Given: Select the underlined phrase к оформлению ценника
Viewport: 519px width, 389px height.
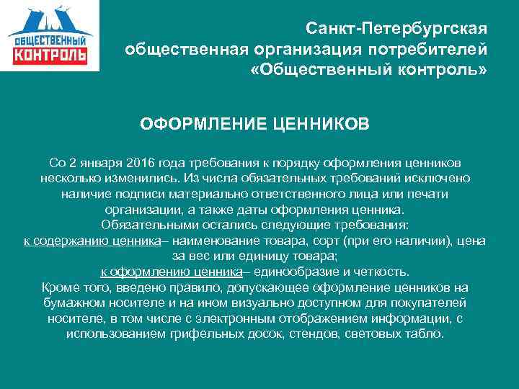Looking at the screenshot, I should pyautogui.click(x=170, y=272).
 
